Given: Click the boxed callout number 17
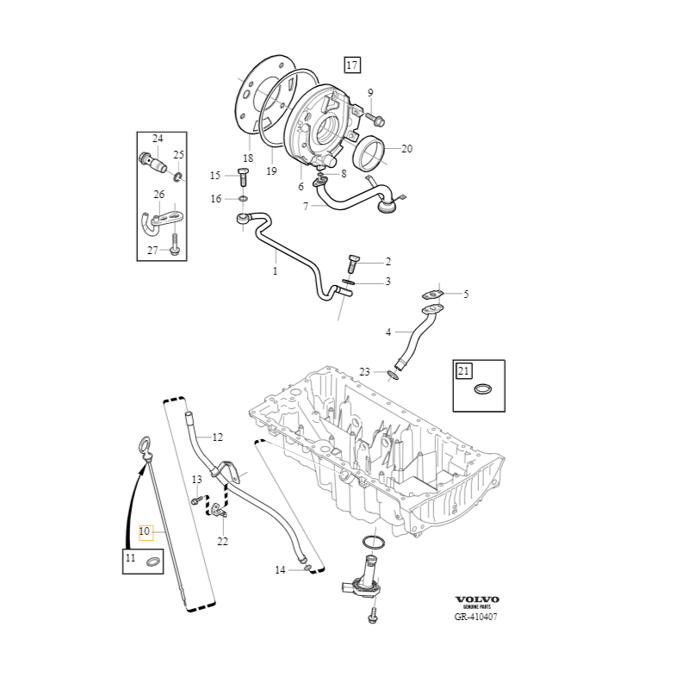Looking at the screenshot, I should tap(351, 65).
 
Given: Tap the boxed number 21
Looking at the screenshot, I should tap(464, 371).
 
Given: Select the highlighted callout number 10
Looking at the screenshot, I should tap(145, 531).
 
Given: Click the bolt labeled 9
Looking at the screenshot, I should tap(377, 117).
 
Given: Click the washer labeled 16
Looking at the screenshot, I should tap(244, 200).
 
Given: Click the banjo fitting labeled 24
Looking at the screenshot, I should tap(153, 159).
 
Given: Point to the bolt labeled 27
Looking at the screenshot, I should tap(175, 247).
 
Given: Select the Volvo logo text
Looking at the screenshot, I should tap(476, 599).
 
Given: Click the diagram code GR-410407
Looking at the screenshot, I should tap(476, 617).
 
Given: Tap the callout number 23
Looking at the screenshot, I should tap(364, 372).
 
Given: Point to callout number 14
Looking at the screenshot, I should tap(280, 570).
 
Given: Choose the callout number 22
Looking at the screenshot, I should tap(222, 541).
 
